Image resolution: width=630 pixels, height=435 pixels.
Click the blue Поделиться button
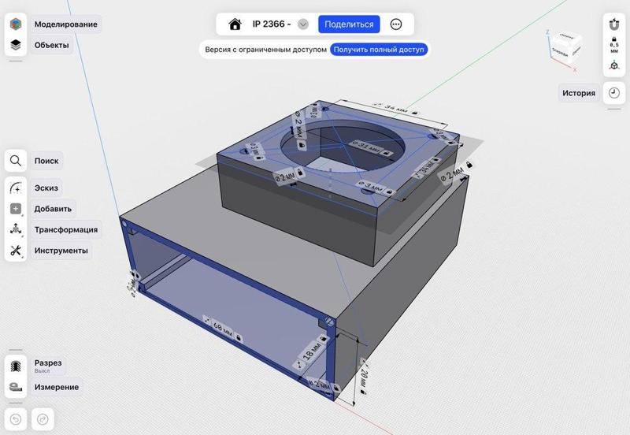349,24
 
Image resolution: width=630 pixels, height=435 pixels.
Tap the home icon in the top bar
234,24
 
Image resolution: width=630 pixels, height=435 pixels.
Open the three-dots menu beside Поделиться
396,24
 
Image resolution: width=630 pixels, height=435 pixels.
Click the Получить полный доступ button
379,49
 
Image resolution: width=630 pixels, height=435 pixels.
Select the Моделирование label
65,24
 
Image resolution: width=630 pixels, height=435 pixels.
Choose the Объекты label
51,45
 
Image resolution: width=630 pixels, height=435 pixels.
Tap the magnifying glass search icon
16,161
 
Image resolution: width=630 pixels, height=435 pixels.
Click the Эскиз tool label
46,188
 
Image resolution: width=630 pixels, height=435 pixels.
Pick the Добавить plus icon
16,209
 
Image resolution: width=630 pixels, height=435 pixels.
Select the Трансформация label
65,229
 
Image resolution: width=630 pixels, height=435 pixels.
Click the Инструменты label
61,251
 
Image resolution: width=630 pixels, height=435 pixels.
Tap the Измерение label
56,387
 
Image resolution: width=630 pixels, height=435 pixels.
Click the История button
578,93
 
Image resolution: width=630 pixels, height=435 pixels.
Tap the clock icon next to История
613,93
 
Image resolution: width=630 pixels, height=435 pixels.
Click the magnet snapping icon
613,24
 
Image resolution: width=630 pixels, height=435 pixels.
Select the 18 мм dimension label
311,353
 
